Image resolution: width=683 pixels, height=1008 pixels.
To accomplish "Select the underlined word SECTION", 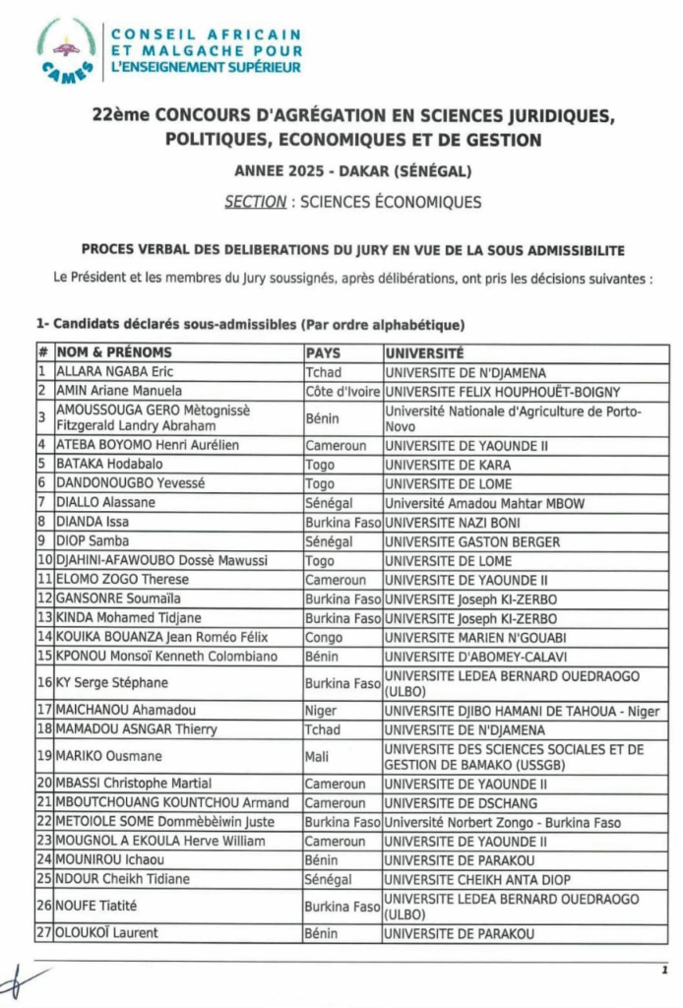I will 248,202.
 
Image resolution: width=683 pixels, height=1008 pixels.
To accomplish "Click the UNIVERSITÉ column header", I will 424,352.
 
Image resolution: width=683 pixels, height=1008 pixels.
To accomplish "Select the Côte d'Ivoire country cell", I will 341,391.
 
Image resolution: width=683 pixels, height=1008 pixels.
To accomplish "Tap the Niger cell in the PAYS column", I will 322,711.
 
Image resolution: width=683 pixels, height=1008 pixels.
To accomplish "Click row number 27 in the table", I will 43,933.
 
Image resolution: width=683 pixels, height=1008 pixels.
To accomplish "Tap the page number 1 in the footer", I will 664,970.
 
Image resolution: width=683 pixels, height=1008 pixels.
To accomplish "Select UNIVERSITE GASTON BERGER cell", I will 472,541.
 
